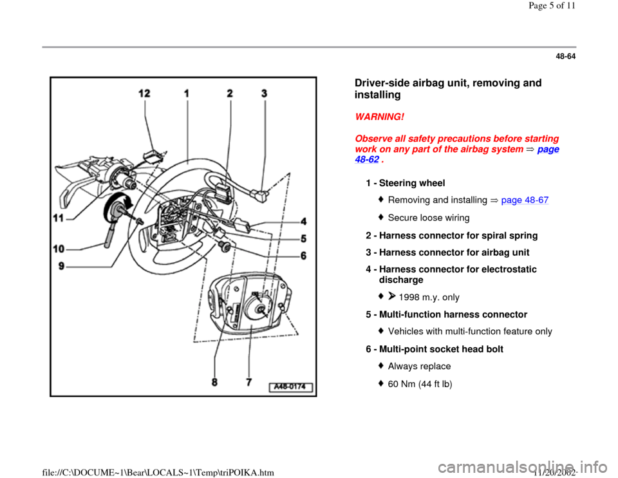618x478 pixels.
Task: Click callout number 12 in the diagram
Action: [x=145, y=93]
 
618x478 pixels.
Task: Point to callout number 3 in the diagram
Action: [x=264, y=93]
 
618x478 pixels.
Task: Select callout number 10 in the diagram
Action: [x=59, y=247]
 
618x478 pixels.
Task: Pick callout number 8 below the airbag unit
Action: [x=221, y=381]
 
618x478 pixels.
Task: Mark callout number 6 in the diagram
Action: [x=303, y=254]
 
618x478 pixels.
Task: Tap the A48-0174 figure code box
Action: [x=291, y=387]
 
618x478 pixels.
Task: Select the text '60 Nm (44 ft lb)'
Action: [x=422, y=383]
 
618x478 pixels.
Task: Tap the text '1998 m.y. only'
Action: [x=429, y=297]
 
